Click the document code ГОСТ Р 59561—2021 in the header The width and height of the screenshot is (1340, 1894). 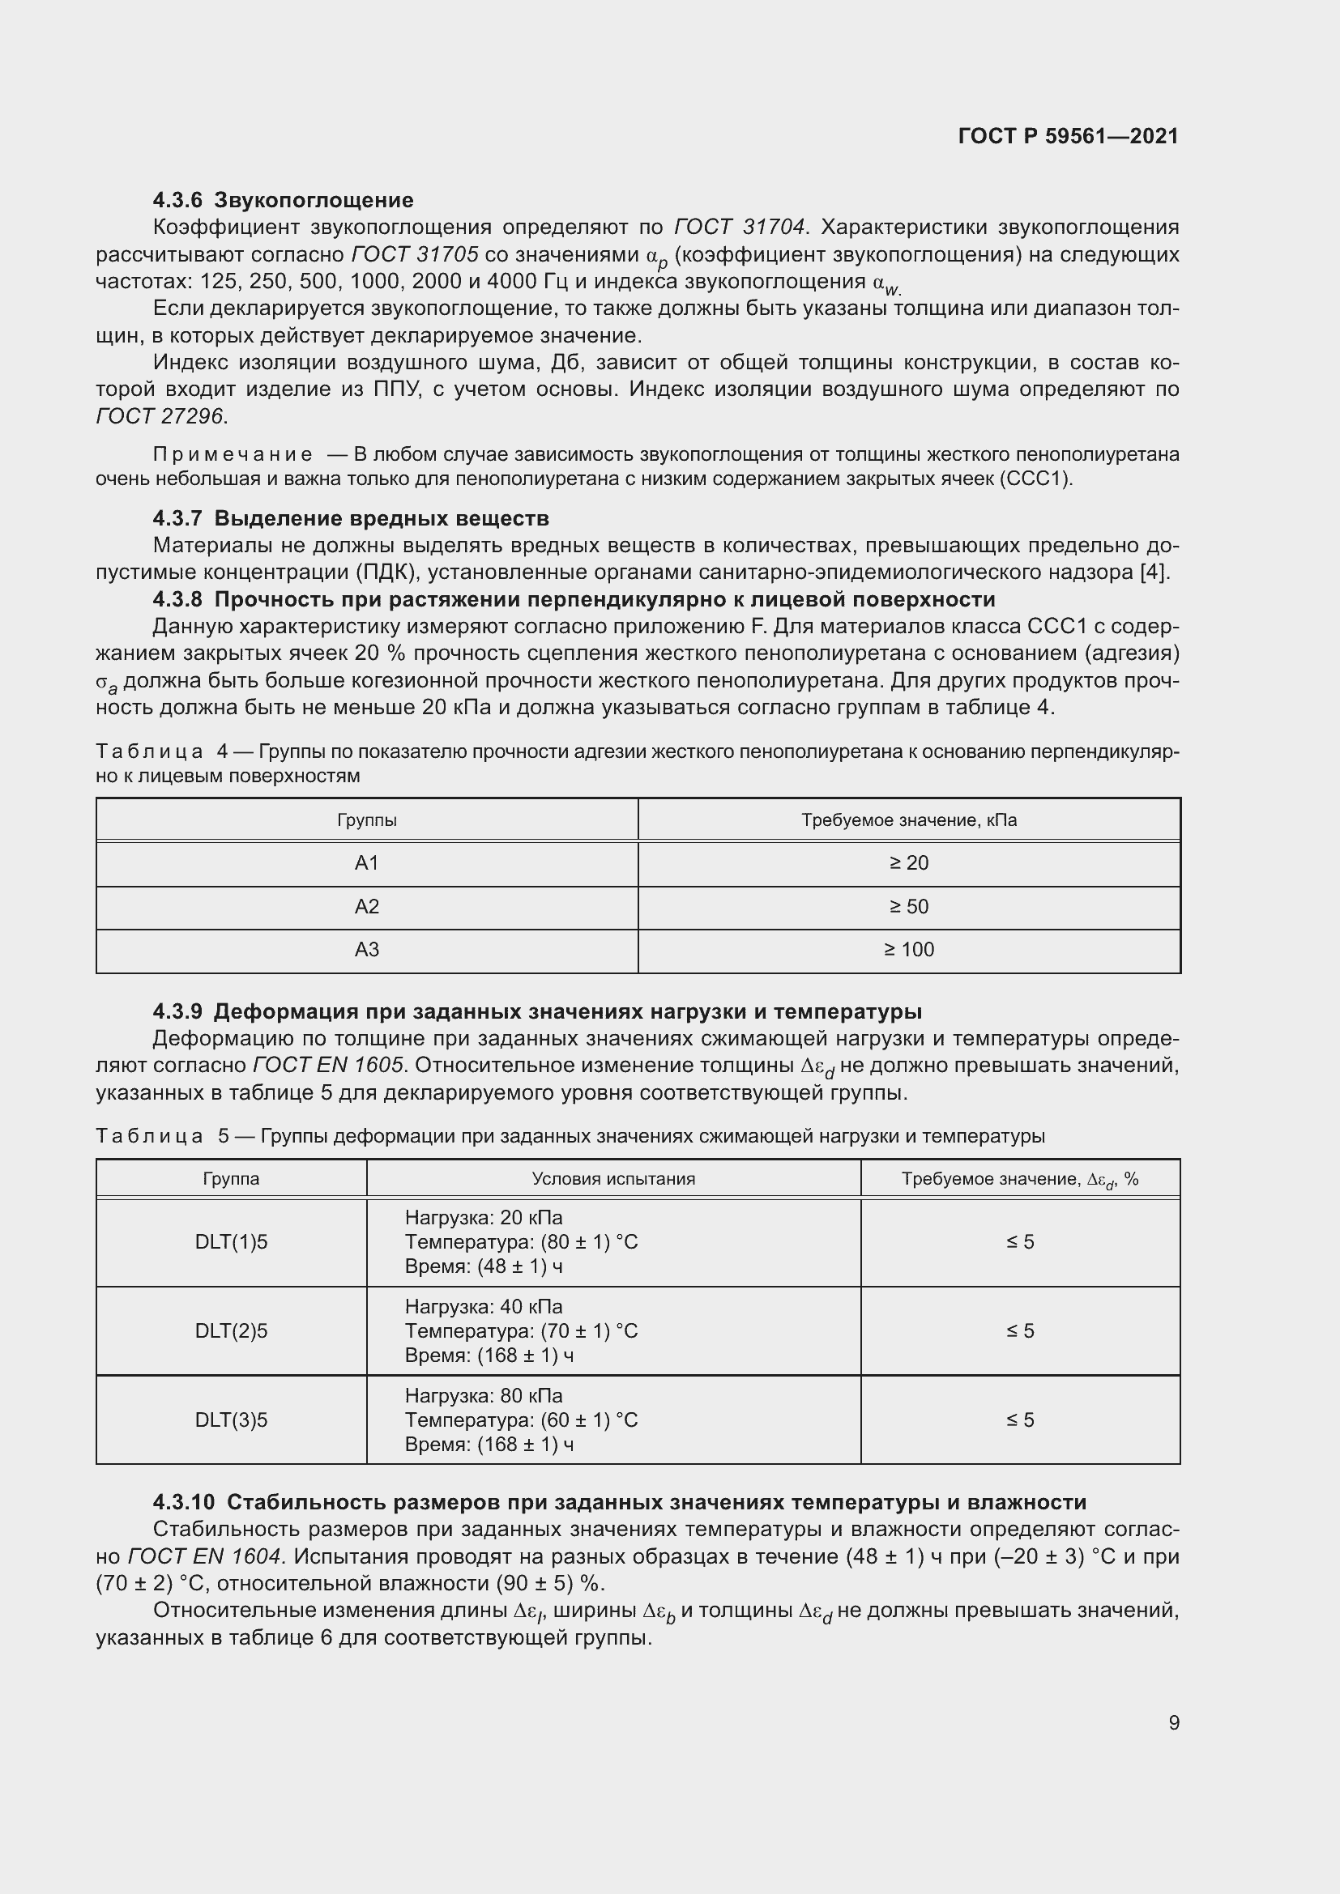pyautogui.click(x=1068, y=136)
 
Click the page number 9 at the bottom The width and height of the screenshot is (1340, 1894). pyautogui.click(x=1173, y=1722)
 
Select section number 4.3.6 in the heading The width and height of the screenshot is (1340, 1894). pyautogui.click(x=177, y=201)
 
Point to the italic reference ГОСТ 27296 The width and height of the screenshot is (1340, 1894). pyautogui.click(x=161, y=416)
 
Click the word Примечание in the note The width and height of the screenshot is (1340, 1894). pyautogui.click(x=233, y=454)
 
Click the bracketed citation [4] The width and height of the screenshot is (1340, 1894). pyautogui.click(x=1154, y=572)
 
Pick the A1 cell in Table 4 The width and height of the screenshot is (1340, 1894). pyautogui.click(x=366, y=863)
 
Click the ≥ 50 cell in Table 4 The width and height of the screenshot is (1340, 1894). pyautogui.click(x=908, y=907)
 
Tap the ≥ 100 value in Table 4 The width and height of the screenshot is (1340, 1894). pyautogui.click(x=908, y=950)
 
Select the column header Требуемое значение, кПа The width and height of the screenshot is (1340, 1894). pyautogui.click(x=908, y=820)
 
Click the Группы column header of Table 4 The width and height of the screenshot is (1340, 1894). pyautogui.click(x=366, y=820)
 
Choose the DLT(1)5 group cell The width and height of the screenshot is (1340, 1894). pyautogui.click(x=231, y=1241)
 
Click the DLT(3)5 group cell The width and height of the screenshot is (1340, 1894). pyautogui.click(x=231, y=1419)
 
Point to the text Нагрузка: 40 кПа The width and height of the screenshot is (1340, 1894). pyautogui.click(x=484, y=1307)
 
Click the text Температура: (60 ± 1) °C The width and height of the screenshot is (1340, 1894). pyautogui.click(x=521, y=1419)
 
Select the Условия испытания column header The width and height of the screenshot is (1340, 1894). pyautogui.click(x=613, y=1179)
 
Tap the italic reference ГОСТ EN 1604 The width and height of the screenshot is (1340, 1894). pyautogui.click(x=206, y=1556)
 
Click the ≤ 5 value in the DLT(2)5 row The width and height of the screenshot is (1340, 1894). pyautogui.click(x=1020, y=1330)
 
